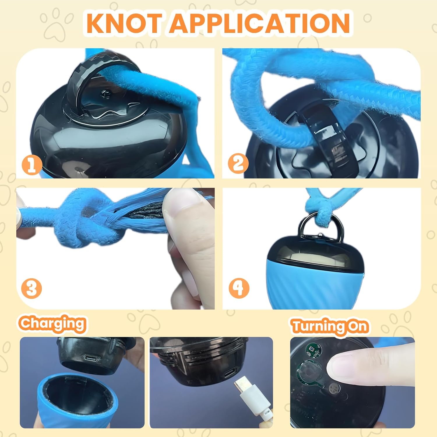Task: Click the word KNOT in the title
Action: tap(124, 23)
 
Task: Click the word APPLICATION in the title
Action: tap(260, 23)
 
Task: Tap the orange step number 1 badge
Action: tap(31, 165)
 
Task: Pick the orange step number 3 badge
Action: tap(31, 288)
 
